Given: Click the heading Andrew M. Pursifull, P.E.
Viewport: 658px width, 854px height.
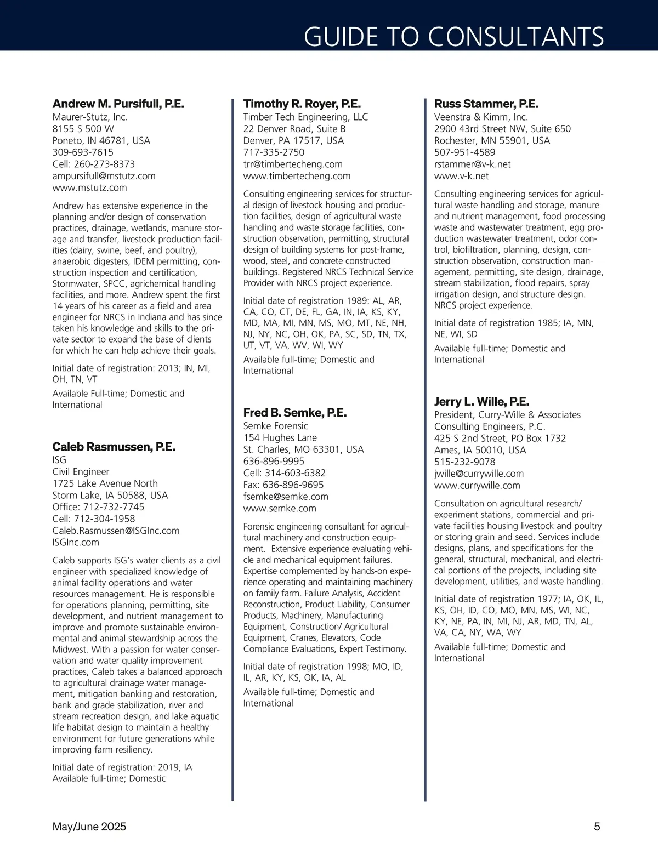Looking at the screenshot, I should click(x=118, y=104).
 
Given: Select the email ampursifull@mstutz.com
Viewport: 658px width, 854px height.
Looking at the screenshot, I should click(x=104, y=176).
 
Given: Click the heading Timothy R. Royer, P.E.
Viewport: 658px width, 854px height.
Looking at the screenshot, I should click(x=302, y=104).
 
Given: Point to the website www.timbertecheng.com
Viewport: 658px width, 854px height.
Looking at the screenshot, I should click(x=297, y=176).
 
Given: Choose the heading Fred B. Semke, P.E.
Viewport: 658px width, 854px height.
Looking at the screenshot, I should click(x=294, y=413).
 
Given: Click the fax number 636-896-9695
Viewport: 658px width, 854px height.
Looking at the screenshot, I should click(x=283, y=485).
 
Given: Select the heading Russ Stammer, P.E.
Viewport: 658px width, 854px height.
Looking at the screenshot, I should click(x=486, y=104).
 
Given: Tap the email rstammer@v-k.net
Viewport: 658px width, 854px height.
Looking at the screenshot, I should click(x=472, y=164).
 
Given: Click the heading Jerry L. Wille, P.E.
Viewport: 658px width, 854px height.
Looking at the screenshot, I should click(x=481, y=402).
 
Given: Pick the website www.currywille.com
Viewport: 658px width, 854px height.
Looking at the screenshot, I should click(x=477, y=486).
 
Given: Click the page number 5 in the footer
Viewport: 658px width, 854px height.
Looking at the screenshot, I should click(x=597, y=827).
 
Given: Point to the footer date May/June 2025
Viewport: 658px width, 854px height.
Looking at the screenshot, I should click(x=89, y=827).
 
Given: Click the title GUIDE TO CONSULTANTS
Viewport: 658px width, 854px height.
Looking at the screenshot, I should click(x=453, y=37).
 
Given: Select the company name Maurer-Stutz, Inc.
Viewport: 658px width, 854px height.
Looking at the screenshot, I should click(x=90, y=117).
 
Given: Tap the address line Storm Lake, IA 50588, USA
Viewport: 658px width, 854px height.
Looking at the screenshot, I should click(x=110, y=495).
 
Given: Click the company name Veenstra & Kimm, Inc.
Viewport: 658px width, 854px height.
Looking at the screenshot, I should click(x=481, y=117).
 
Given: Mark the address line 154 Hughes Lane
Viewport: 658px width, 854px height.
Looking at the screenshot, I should click(x=280, y=437).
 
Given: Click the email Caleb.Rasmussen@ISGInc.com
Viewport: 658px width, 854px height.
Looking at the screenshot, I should click(x=116, y=531).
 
